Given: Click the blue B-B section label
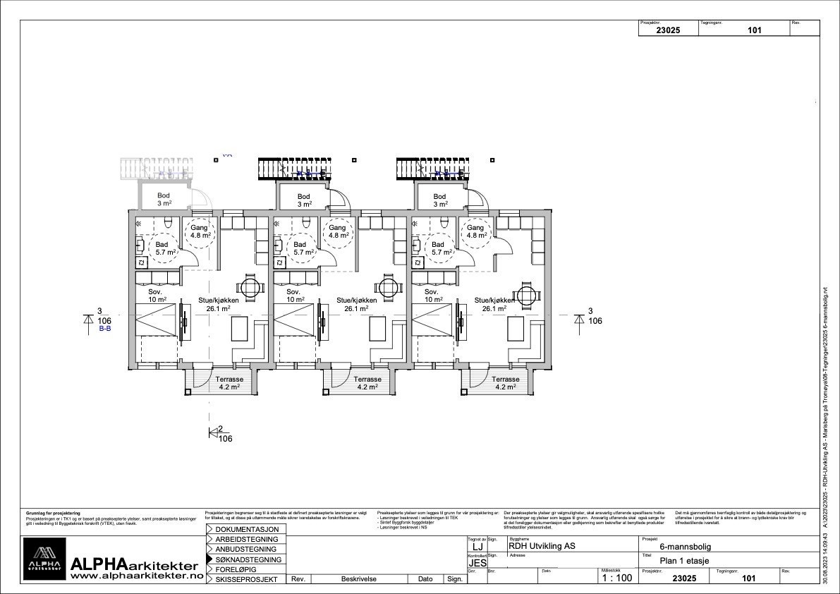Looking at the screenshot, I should coord(104,329).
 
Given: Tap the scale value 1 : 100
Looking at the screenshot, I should coord(616,578).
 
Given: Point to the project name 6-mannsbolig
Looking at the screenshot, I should coord(685,546).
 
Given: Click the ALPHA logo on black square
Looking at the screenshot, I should coord(44,559).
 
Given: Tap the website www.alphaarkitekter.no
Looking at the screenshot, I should coord(137,576).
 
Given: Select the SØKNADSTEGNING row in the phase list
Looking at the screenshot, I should coord(248,559).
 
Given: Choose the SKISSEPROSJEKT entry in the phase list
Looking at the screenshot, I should coord(248,579).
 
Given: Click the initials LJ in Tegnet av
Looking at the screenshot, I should coord(477,547).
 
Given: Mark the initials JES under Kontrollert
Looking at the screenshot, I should coord(477,564).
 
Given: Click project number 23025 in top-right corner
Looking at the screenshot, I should coord(667,30).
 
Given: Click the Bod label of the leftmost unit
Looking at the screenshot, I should coord(164,196).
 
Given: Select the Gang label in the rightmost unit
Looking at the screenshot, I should coord(475,228).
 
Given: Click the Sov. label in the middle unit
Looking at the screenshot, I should coord(292,291).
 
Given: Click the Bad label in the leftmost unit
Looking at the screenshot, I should coord(162,245).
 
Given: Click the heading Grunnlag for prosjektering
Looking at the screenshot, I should coord(53,513).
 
